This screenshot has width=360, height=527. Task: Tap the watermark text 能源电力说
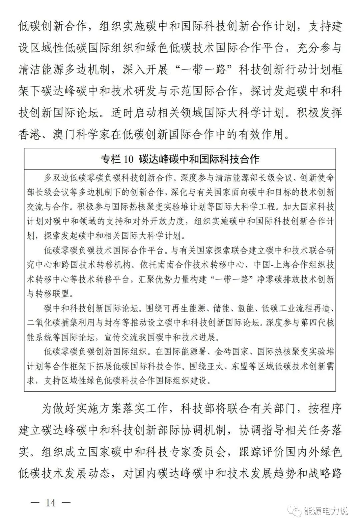pos(326,510)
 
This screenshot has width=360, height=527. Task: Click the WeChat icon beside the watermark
pos(295,510)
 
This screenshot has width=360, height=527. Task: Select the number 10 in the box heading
pos(128,159)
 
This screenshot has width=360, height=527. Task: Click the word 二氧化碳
pos(44,323)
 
